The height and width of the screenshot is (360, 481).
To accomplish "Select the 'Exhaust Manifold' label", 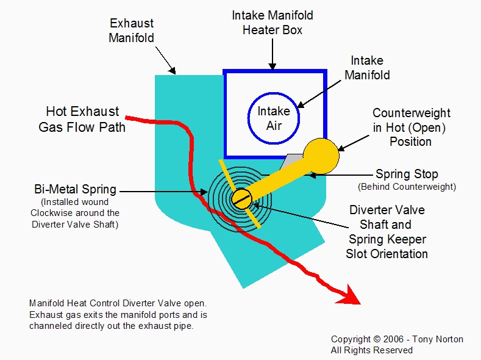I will coord(132,31).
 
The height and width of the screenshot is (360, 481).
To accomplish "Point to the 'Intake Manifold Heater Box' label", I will coord(272,22).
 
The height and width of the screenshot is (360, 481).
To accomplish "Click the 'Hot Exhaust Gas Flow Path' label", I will coord(83,119).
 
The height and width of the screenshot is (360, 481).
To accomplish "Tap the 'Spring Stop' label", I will coord(407,175).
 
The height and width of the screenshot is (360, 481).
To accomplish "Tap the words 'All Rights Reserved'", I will coord(372,350).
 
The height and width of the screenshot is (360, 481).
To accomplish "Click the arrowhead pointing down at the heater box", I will coord(273,65).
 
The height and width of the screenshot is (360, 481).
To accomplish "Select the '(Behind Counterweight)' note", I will coord(407,186).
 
